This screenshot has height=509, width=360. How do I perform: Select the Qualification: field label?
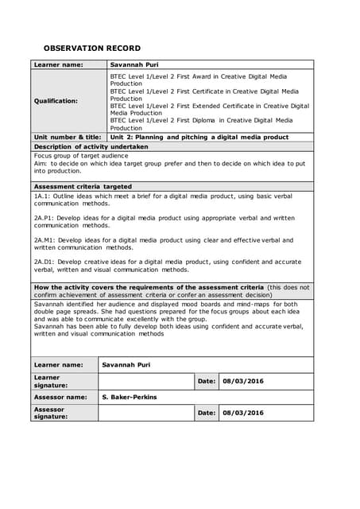(55, 101)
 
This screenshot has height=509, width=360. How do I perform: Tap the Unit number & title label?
(68, 137)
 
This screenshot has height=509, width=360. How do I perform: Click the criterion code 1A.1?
(43, 195)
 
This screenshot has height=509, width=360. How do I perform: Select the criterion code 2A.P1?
(45, 217)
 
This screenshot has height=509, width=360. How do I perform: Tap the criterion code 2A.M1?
(45, 239)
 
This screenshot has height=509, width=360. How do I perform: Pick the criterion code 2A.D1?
(45, 262)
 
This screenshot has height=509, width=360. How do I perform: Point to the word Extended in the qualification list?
(234, 106)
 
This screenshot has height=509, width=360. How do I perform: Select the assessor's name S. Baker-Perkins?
(130, 397)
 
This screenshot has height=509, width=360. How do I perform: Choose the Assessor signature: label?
(51, 413)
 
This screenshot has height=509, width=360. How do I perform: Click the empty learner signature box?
(145, 381)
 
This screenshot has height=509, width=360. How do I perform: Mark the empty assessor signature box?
(145, 413)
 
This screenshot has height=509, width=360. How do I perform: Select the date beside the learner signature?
(243, 381)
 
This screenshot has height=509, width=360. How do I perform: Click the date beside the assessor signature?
(243, 413)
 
